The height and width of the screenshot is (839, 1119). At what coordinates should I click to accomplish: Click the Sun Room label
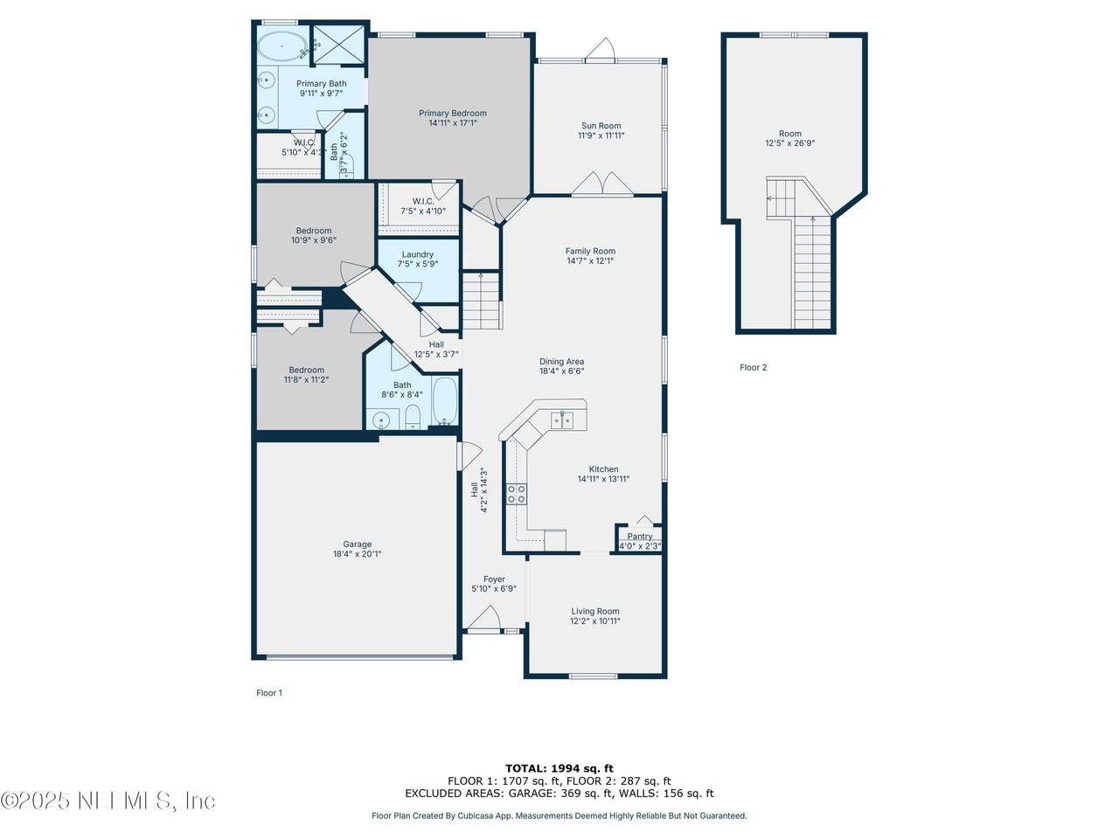601,126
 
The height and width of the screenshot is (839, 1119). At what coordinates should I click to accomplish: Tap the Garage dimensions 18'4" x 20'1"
357,554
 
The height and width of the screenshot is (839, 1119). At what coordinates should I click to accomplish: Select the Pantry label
639,536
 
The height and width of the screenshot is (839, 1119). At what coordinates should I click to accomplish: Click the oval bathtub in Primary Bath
281,45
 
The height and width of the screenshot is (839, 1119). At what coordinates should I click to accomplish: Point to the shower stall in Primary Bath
337,45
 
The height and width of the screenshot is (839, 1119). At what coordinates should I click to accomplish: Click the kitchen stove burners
516,494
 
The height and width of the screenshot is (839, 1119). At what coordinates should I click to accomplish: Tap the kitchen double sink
562,420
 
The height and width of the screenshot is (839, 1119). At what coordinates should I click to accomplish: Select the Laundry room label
418,254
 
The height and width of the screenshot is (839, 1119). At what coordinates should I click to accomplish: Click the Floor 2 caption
753,367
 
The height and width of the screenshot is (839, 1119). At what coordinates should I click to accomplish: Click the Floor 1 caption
269,693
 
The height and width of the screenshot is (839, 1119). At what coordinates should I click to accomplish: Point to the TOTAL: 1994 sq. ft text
559,768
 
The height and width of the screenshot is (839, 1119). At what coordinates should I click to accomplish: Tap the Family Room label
590,251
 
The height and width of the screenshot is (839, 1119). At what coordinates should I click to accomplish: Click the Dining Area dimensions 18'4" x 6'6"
562,371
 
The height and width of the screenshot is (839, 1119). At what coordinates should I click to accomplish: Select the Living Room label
595,611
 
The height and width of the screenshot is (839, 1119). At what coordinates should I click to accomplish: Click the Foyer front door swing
483,617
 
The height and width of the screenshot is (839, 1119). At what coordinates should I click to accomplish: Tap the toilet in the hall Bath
412,417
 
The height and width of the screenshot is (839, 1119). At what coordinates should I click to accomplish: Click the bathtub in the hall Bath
446,401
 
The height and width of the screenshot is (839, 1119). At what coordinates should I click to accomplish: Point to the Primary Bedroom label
453,113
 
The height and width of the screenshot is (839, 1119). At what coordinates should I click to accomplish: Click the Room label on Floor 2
789,134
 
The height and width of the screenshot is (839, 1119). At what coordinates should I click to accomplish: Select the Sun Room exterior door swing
601,50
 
